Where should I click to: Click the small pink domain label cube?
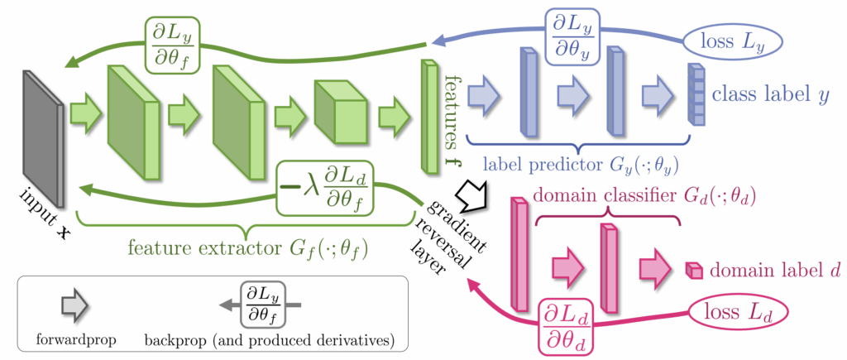pyautogui.click(x=695, y=270)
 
